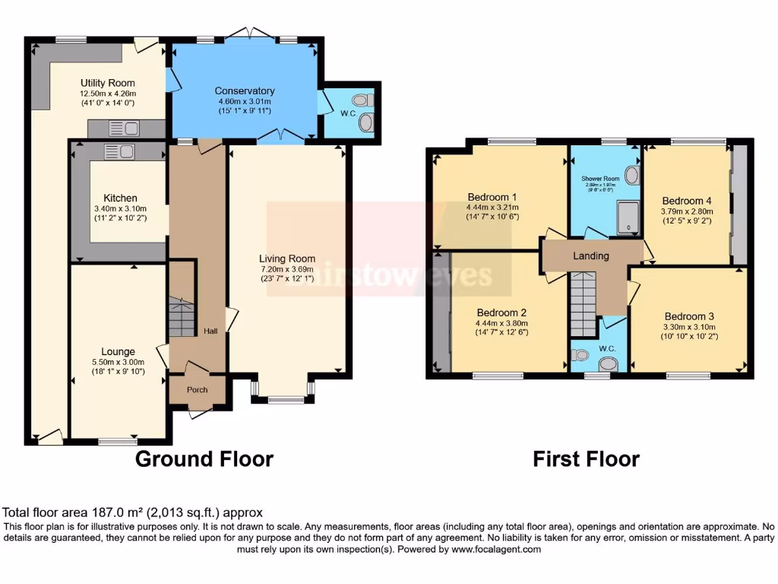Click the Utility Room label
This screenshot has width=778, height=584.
click(108, 83)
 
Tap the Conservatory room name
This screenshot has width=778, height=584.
click(244, 90)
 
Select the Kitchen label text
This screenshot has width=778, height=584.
click(120, 198)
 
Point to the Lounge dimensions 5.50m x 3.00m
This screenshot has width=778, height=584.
click(118, 362)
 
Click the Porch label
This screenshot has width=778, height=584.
click(198, 390)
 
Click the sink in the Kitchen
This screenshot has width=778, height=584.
click(119, 152)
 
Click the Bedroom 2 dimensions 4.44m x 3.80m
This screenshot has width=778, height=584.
click(502, 322)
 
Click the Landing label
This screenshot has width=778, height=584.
click(590, 255)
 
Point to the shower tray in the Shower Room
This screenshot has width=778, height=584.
click(629, 217)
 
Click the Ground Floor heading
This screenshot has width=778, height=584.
click(204, 459)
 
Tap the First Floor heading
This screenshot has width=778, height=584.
click(586, 459)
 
